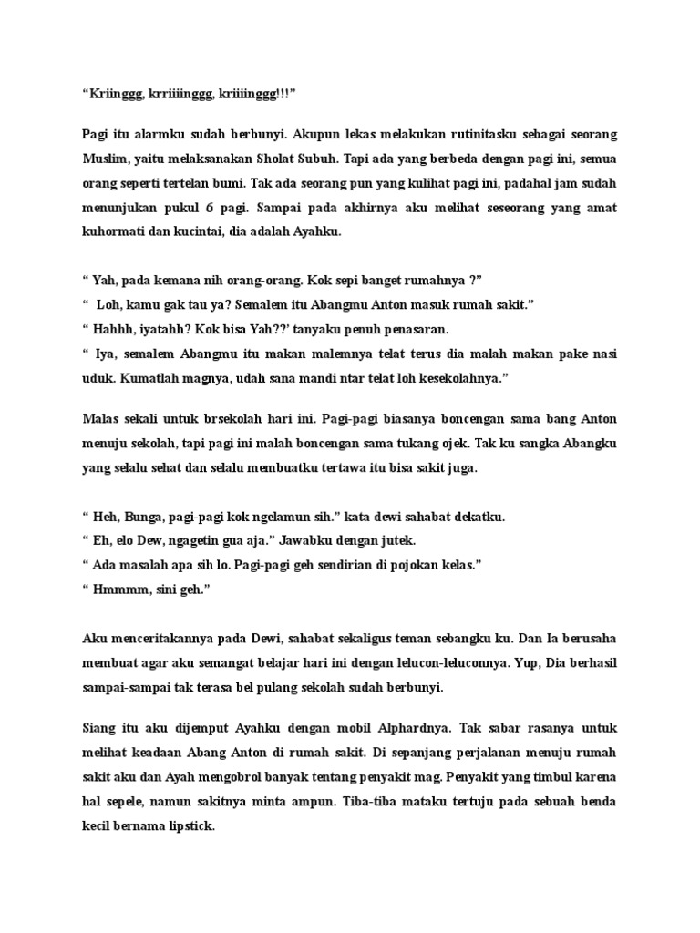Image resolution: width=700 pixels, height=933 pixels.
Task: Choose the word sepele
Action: tap(116, 805)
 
